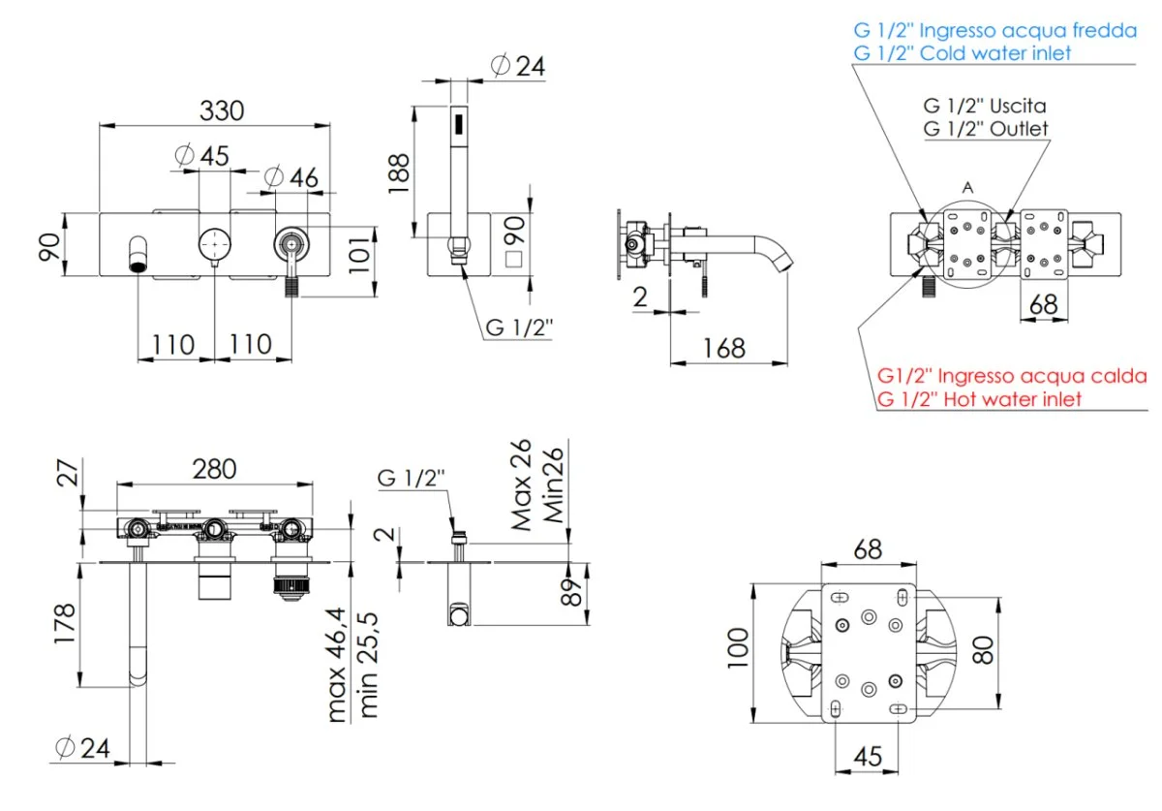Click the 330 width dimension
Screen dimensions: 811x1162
[x=222, y=109]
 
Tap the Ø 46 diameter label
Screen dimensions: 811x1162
[x=290, y=176]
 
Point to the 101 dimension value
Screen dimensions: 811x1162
[x=359, y=251]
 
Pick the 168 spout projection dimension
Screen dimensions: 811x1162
[x=724, y=348]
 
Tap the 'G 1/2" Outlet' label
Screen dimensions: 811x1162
[x=985, y=128]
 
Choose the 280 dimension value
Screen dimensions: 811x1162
[x=214, y=469]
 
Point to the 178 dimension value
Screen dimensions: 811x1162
[x=65, y=626]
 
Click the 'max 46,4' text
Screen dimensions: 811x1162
[x=336, y=665]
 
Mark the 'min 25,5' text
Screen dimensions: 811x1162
[x=368, y=665]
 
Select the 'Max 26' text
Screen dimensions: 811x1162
[x=524, y=484]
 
